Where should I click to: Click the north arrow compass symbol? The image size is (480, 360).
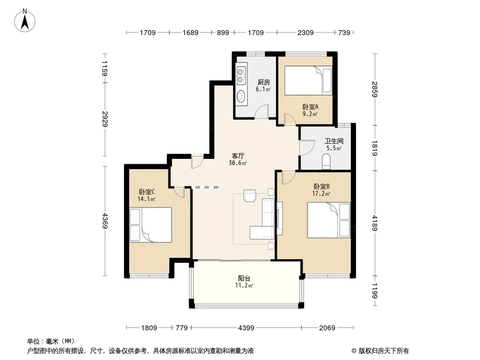pyautogui.click(x=25, y=21)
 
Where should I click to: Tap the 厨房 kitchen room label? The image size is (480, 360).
pyautogui.click(x=263, y=82)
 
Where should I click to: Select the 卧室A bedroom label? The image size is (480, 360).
pyautogui.click(x=310, y=107)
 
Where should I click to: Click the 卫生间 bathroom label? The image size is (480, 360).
pyautogui.click(x=334, y=141)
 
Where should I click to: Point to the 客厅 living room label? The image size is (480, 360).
pyautogui.click(x=238, y=156)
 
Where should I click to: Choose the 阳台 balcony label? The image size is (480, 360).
pyautogui.click(x=245, y=279)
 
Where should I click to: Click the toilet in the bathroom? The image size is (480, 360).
pyautogui.click(x=326, y=162)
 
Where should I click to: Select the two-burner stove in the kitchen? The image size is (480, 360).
pyautogui.click(x=241, y=76)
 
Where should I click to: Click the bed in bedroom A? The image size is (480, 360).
pyautogui.click(x=308, y=81)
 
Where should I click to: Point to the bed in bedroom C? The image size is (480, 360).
pyautogui.click(x=150, y=225)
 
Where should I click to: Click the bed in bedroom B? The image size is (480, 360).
pyautogui.click(x=329, y=220)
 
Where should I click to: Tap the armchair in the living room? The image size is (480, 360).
pyautogui.click(x=249, y=195)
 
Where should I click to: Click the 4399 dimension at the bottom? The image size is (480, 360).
pyautogui.click(x=246, y=328)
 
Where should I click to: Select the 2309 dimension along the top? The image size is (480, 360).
pyautogui.click(x=305, y=33)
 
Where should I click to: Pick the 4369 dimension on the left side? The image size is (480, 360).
pyautogui.click(x=105, y=221)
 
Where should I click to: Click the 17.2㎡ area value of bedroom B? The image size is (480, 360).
pyautogui.click(x=321, y=193)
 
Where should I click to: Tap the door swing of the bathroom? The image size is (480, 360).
pyautogui.click(x=307, y=148)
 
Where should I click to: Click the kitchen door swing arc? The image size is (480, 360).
pyautogui.click(x=262, y=111)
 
